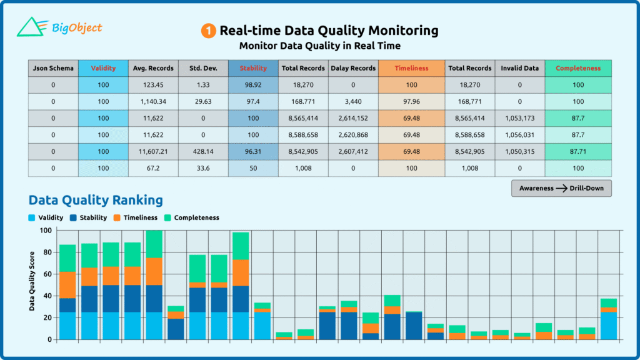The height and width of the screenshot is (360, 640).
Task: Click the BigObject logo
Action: click(x=59, y=27)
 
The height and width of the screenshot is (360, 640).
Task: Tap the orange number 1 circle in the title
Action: click(x=208, y=31)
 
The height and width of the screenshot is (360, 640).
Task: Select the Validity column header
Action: click(x=103, y=68)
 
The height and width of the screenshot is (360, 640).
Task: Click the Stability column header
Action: click(x=253, y=68)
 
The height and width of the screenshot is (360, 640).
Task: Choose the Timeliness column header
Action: click(x=411, y=68)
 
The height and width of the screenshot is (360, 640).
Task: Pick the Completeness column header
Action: click(x=578, y=68)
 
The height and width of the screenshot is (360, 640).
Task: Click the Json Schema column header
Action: click(x=53, y=68)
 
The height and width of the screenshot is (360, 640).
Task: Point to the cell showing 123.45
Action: click(x=153, y=85)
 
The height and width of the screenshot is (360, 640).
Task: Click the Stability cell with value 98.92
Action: click(x=253, y=85)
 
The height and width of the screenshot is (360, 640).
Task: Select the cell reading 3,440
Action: click(x=353, y=101)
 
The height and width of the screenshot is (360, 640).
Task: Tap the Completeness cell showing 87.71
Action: click(x=578, y=152)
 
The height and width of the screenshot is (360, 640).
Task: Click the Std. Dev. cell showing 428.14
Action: click(x=203, y=152)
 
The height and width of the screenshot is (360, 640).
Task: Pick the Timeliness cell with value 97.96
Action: click(x=411, y=101)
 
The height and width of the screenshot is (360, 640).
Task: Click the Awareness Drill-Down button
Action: click(x=561, y=188)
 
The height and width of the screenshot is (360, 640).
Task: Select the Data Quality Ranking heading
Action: click(x=96, y=200)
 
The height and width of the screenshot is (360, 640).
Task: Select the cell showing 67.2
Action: click(x=153, y=168)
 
